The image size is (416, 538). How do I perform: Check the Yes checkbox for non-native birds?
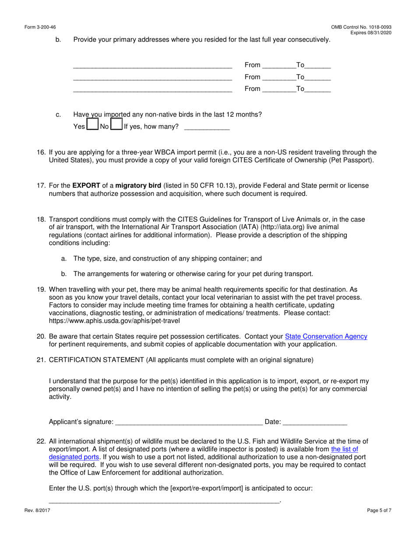(92, 125)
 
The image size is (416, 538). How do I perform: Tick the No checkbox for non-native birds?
(116, 125)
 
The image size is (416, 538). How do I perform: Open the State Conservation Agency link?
(326, 336)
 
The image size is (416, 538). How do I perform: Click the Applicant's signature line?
(188, 422)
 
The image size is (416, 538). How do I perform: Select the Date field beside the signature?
(315, 422)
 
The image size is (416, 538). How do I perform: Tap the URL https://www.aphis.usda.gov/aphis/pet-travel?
(114, 321)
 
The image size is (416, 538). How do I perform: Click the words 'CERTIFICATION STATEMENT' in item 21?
(96, 360)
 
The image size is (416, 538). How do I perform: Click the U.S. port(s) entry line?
(164, 500)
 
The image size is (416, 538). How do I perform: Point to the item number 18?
(41, 219)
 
